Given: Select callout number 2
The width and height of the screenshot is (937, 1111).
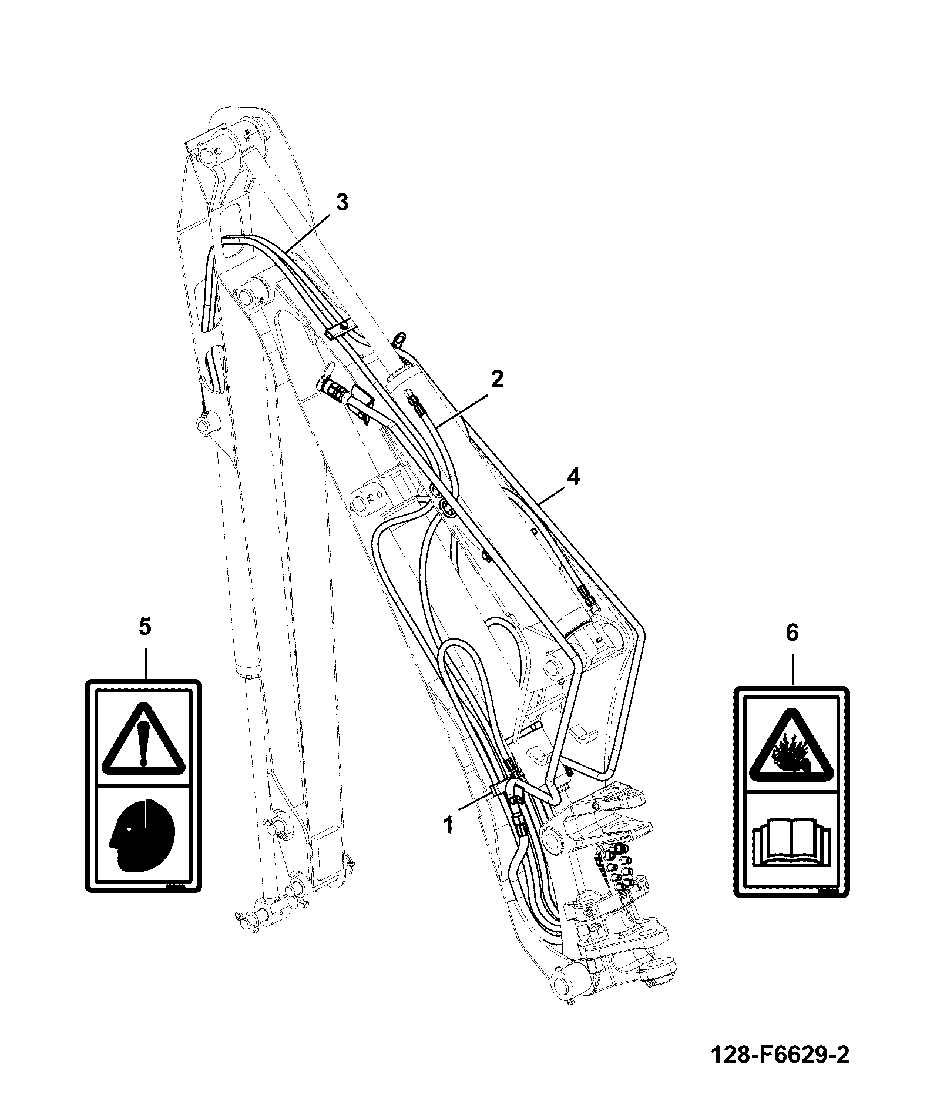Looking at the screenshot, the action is click(496, 379).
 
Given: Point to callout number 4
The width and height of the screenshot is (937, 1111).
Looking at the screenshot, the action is click(573, 477).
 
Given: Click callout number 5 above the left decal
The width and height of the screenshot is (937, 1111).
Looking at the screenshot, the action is click(145, 627).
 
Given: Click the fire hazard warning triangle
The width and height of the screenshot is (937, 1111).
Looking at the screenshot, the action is click(791, 746).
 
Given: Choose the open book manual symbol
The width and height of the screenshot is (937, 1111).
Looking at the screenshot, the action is click(791, 844).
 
